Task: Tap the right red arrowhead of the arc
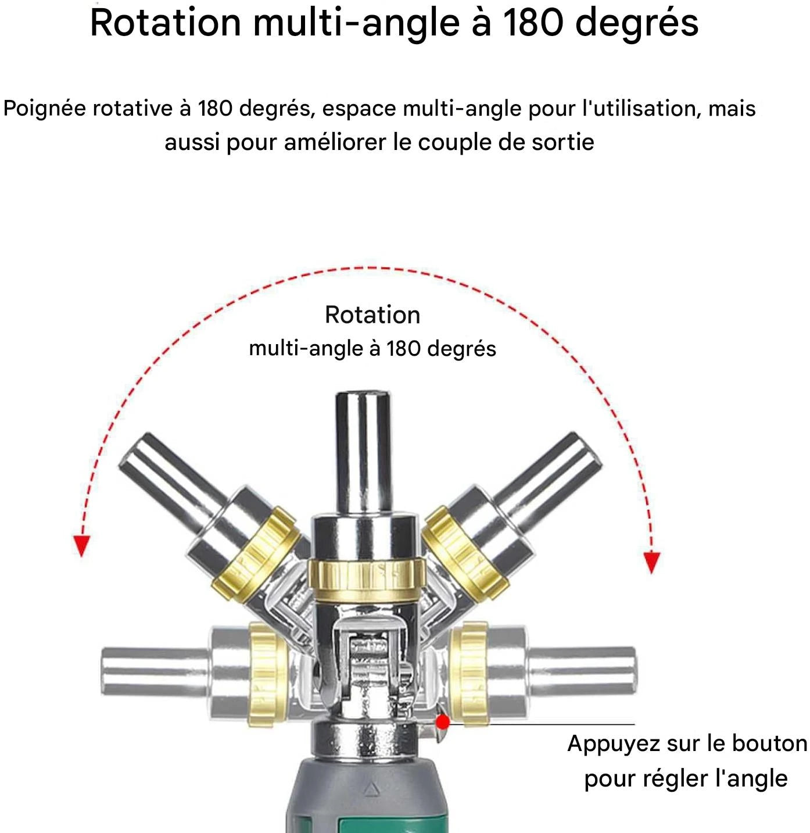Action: pyautogui.click(x=651, y=562)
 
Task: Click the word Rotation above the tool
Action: pyautogui.click(x=372, y=315)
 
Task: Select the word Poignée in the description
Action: pyautogui.click(x=45, y=109)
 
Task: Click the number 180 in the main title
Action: pyautogui.click(x=533, y=23)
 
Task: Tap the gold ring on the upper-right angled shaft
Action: pyautogui.click(x=465, y=553)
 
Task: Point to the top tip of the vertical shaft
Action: pyautogui.click(x=363, y=392)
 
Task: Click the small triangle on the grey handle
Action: pyautogui.click(x=370, y=788)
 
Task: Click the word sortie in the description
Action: pyautogui.click(x=562, y=142)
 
